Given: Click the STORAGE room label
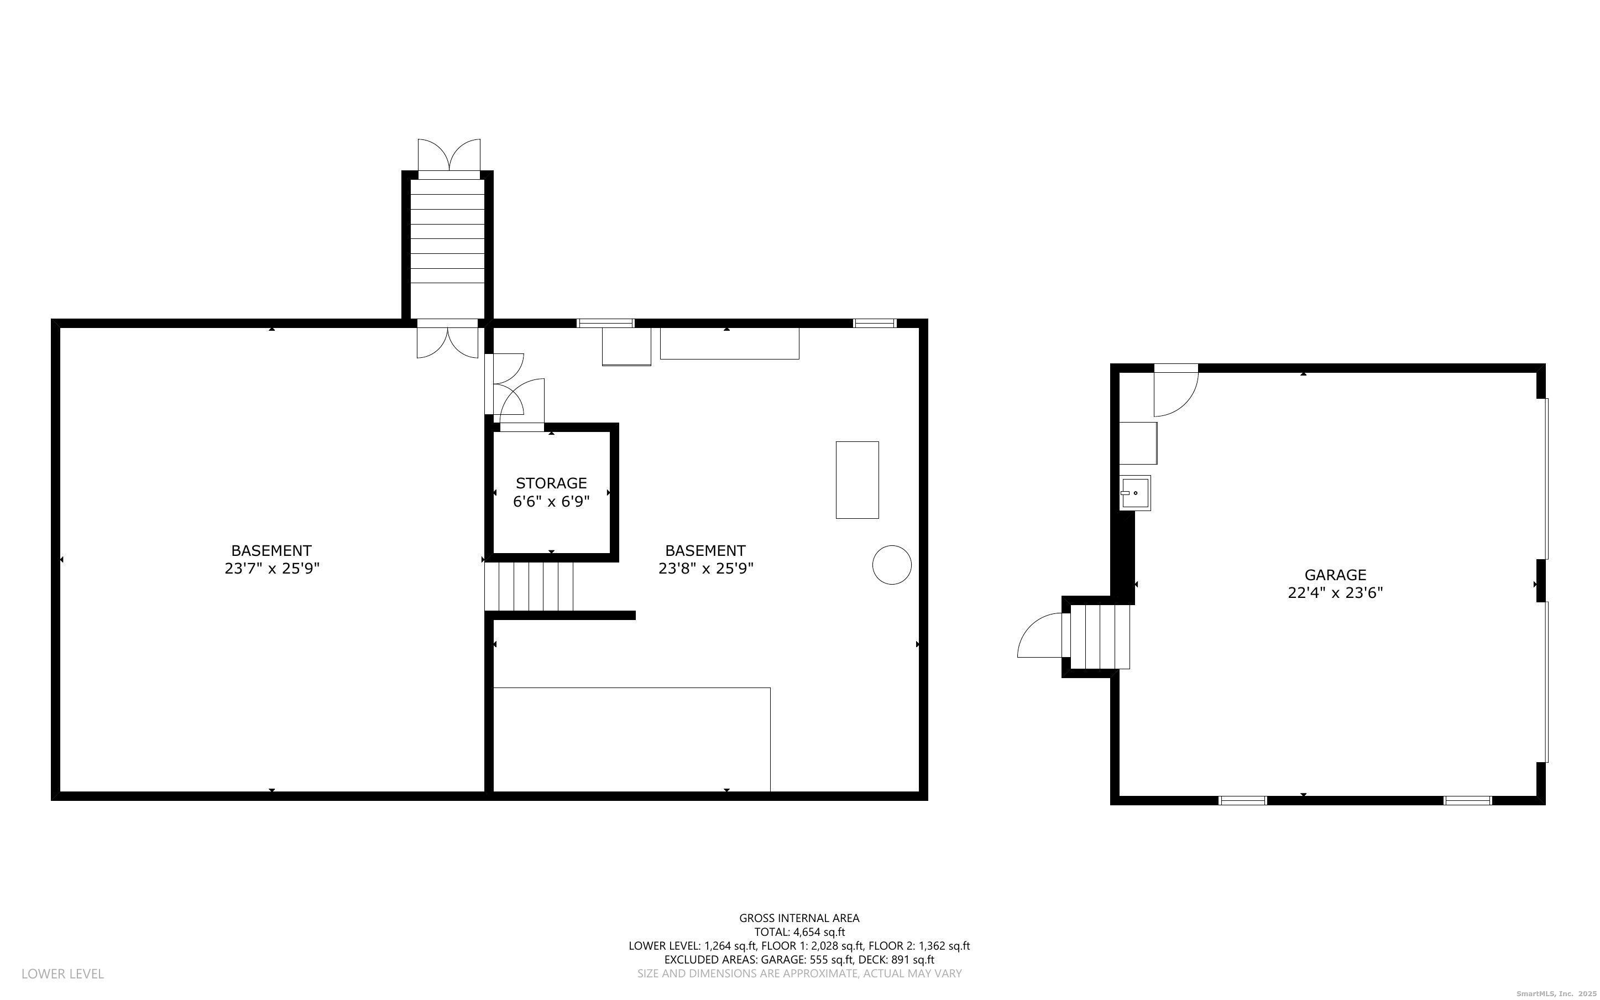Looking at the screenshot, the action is click(x=551, y=483).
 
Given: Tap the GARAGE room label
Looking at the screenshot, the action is click(x=1335, y=575).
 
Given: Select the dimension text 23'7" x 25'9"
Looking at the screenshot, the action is click(x=271, y=568).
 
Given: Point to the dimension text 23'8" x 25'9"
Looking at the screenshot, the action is click(x=706, y=568).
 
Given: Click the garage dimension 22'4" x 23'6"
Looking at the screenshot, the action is click(x=1335, y=592).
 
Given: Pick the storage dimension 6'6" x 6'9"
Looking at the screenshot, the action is click(x=551, y=501).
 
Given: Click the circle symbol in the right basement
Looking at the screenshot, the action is click(x=892, y=565).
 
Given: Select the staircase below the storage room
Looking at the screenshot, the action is click(x=529, y=586).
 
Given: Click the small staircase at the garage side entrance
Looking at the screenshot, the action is click(x=1100, y=636).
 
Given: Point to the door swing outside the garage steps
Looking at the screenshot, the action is click(x=1039, y=636).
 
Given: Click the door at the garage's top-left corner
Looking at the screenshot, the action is click(x=1177, y=390).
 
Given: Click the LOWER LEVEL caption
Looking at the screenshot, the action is click(x=63, y=973).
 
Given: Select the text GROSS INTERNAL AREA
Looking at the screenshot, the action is click(x=799, y=918).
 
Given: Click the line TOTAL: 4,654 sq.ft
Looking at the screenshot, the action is click(x=799, y=932).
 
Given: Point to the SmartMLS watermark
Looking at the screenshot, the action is click(x=1556, y=993).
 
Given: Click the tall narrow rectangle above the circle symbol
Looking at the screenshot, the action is click(x=857, y=480).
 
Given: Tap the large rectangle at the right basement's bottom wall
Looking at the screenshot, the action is click(x=632, y=739).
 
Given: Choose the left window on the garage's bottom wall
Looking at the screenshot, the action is click(x=1242, y=800).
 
